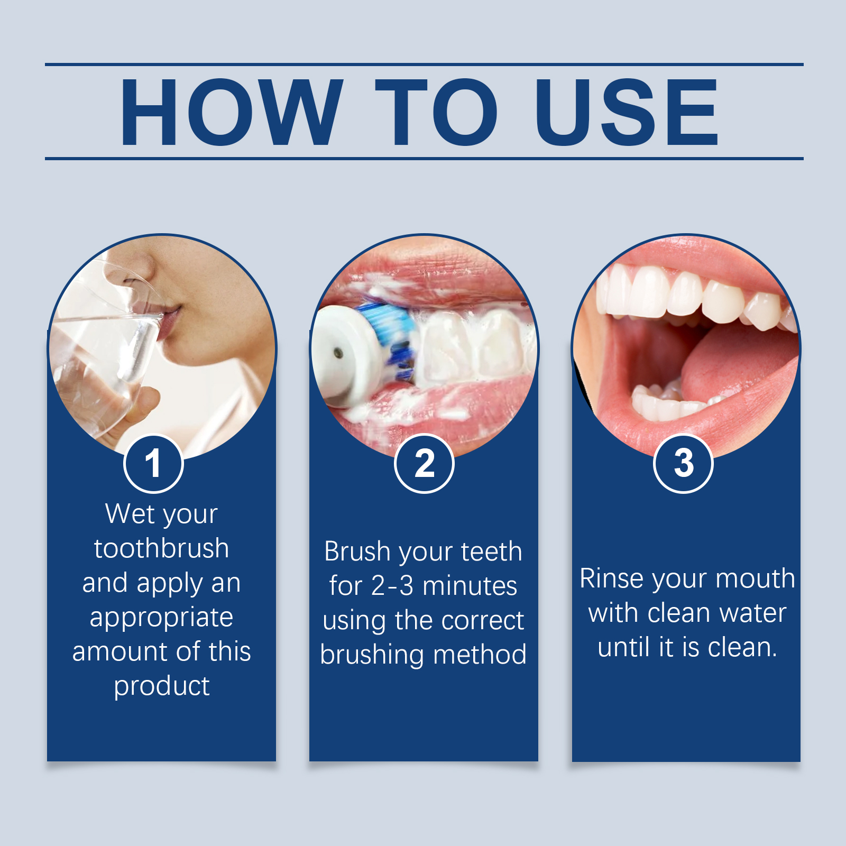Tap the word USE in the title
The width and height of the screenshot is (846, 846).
click(x=627, y=112)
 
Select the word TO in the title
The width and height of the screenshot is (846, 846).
click(x=437, y=112)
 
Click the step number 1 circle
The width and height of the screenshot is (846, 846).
click(x=153, y=464)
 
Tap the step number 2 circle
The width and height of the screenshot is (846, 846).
click(x=424, y=464)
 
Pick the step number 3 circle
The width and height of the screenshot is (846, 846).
click(x=684, y=464)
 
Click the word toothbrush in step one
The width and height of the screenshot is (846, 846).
click(x=162, y=548)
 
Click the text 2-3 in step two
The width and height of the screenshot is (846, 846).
click(x=392, y=586)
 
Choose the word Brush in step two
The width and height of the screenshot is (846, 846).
click(x=357, y=551)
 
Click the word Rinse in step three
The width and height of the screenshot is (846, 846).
click(x=613, y=578)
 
